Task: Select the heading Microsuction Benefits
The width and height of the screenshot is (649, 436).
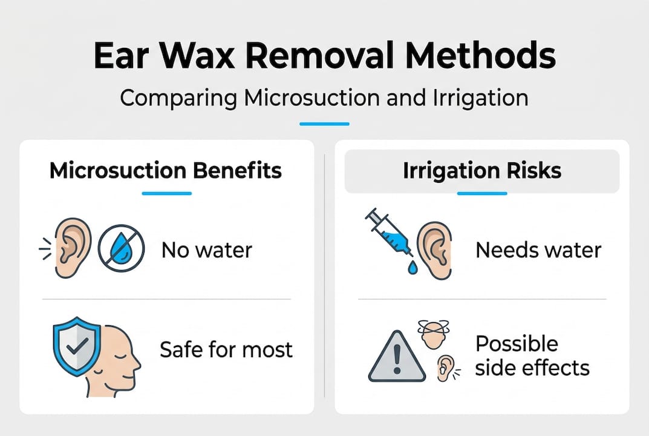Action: click(x=166, y=171)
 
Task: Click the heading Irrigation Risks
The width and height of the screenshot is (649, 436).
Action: click(x=482, y=171)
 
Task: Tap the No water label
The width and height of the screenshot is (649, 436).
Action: click(x=206, y=249)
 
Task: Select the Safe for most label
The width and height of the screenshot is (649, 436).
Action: click(x=226, y=349)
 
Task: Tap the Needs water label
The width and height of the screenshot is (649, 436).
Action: click(x=538, y=249)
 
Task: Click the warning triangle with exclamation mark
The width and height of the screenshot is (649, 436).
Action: click(x=397, y=358)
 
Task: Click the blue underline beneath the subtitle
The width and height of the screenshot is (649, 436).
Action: click(x=324, y=124)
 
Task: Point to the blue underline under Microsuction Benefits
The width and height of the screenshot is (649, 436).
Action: click(x=166, y=194)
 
